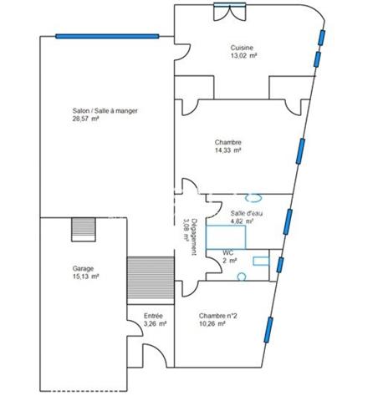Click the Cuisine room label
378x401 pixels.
243,48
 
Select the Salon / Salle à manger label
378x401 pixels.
105,110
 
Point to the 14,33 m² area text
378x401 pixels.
227,150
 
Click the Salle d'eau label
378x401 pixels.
247,214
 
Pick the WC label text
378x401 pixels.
227,252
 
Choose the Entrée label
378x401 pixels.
155,316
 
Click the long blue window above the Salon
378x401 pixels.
107,36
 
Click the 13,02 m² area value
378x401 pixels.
243,56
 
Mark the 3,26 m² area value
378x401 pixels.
155,323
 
